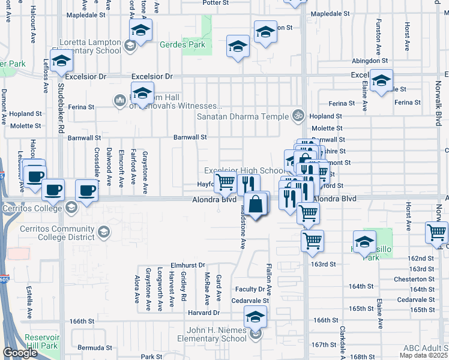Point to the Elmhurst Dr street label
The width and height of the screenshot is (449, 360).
tap(188, 264)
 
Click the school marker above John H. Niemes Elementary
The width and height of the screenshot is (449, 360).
tap(255, 316)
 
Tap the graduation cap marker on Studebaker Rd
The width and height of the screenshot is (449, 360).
tap(61, 61)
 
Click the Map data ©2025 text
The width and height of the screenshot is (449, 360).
tap(423, 355)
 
